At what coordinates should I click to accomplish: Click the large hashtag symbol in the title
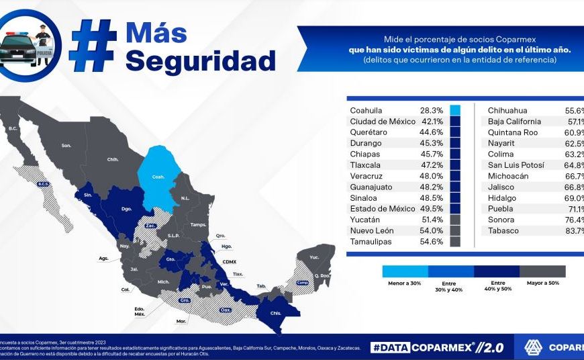tap(94, 45)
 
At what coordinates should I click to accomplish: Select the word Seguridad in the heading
tap(200, 61)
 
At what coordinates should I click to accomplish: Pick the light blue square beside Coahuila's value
tap(455, 110)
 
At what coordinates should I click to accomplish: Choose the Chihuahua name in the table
tap(507, 110)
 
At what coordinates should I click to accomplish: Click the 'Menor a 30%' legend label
tap(404, 283)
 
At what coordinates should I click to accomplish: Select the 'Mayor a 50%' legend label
tap(542, 283)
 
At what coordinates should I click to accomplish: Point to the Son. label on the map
tap(66, 145)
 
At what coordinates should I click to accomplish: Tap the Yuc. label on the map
tap(313, 257)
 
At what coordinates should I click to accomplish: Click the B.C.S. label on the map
tap(43, 184)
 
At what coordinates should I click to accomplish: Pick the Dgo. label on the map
tap(126, 209)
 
